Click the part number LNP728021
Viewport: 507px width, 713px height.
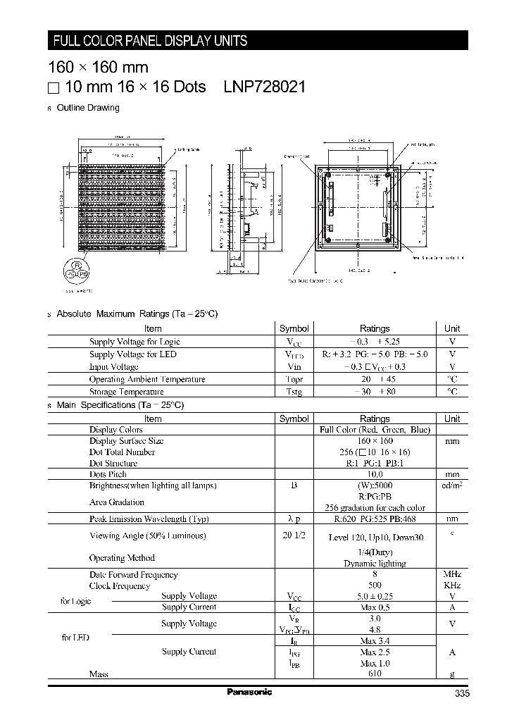264,87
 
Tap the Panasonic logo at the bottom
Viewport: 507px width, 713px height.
249,692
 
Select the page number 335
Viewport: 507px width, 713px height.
461,693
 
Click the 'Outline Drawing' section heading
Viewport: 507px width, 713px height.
87,108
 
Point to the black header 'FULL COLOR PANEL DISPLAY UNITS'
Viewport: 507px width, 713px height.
151,41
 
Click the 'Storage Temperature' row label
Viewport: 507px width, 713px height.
126,392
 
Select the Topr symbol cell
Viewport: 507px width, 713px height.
294,379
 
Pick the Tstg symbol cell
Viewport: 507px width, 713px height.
294,392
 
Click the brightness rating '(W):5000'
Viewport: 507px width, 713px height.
375,485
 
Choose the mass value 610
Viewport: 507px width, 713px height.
375,674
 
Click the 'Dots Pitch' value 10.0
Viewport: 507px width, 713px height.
375,474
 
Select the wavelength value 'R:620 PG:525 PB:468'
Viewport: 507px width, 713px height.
375,519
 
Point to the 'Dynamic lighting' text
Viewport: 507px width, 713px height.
375,564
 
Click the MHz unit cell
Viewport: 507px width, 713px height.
452,575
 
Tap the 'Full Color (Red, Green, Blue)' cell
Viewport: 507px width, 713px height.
375,430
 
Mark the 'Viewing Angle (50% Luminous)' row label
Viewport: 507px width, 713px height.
147,535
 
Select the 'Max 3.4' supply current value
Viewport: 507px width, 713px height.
375,640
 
